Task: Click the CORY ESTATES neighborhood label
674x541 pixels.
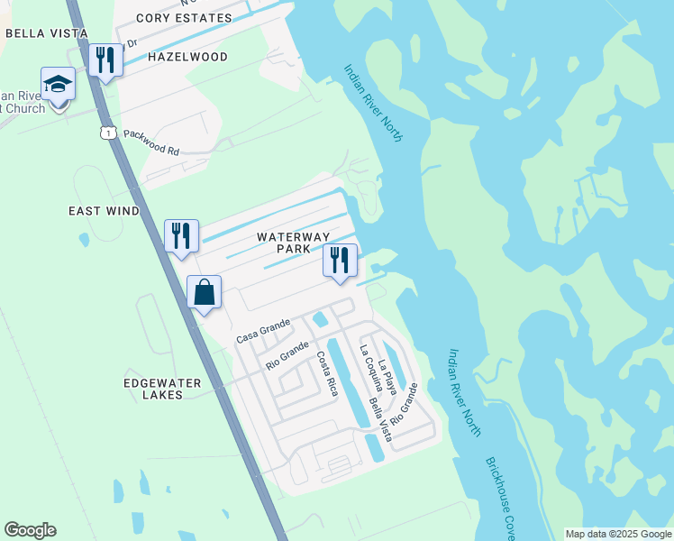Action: point(183,17)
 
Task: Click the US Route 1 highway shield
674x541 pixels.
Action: point(108,133)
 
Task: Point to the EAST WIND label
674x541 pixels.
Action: point(105,211)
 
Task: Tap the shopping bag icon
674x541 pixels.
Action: point(205,293)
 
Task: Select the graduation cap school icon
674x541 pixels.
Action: point(59,85)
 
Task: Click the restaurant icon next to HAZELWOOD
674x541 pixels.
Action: point(105,60)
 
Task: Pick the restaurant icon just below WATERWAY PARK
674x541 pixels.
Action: point(340,261)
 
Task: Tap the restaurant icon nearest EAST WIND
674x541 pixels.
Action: point(181,236)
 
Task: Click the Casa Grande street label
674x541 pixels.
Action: point(263,331)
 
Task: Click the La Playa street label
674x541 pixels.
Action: point(387,377)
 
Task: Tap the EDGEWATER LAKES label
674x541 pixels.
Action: point(163,389)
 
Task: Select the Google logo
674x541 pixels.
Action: point(30,530)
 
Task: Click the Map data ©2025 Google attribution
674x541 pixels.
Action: point(618,534)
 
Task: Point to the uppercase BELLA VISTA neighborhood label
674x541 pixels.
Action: point(46,33)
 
